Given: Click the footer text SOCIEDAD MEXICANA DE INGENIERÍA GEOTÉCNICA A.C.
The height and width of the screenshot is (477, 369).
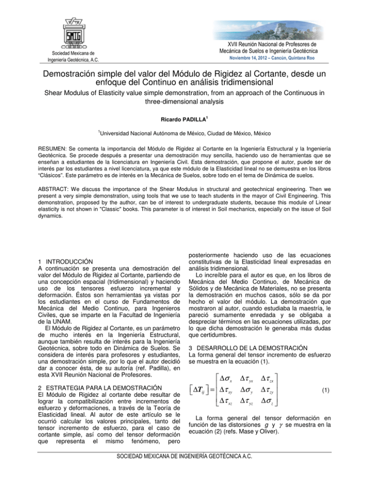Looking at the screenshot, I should [x=184, y=467].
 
